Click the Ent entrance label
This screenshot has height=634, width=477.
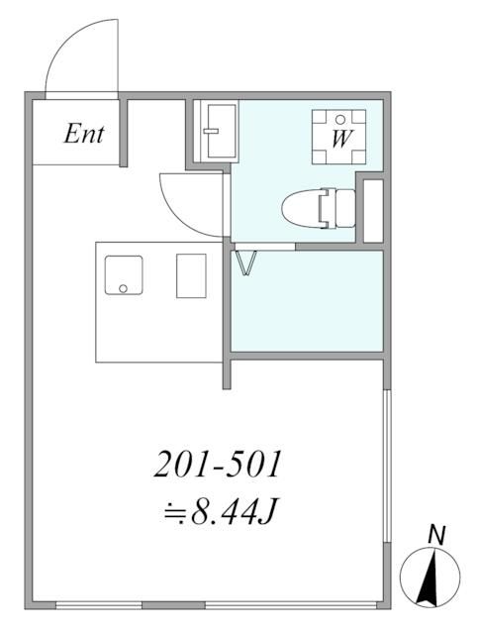83,134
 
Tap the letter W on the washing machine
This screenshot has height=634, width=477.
338,139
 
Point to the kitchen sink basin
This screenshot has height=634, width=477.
124,275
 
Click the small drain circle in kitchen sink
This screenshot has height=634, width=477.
124,289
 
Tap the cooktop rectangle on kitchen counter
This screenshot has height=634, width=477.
191,275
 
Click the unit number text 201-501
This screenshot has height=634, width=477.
220,464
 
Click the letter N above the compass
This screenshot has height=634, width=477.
434,535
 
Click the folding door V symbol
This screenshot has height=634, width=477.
245,264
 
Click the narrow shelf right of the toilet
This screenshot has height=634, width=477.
373,210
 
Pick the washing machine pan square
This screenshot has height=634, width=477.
338,137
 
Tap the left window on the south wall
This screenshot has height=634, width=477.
99,604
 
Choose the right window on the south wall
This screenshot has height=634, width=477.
261,604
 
